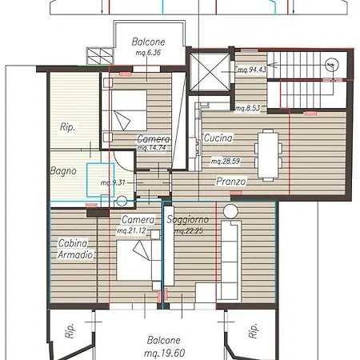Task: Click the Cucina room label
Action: pyautogui.click(x=218, y=138)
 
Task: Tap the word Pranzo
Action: pyautogui.click(x=231, y=182)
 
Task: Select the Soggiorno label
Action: pyautogui.click(x=188, y=219)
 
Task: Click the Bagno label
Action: pyautogui.click(x=63, y=171)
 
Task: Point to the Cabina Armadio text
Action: pyautogui.click(x=75, y=249)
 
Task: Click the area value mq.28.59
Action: pyautogui.click(x=226, y=161)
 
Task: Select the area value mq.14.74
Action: pyautogui.click(x=151, y=147)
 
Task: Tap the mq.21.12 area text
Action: pyautogui.click(x=132, y=230)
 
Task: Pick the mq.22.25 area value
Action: pyautogui.click(x=189, y=230)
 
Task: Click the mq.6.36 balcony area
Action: pyautogui.click(x=148, y=53)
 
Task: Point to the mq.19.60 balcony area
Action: pyautogui.click(x=164, y=353)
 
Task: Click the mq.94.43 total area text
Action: pyautogui.click(x=252, y=70)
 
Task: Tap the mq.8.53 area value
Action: pyautogui.click(x=248, y=108)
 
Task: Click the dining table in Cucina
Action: pyautogui.click(x=268, y=155)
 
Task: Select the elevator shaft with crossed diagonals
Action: pyautogui.click(x=210, y=72)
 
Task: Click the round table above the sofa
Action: pyautogui.click(x=230, y=211)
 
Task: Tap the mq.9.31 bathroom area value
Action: pyautogui.click(x=113, y=182)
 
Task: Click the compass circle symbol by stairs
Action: pyautogui.click(x=332, y=65)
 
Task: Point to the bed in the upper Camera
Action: pyautogui.click(x=129, y=110)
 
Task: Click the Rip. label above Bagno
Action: pyautogui.click(x=67, y=127)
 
